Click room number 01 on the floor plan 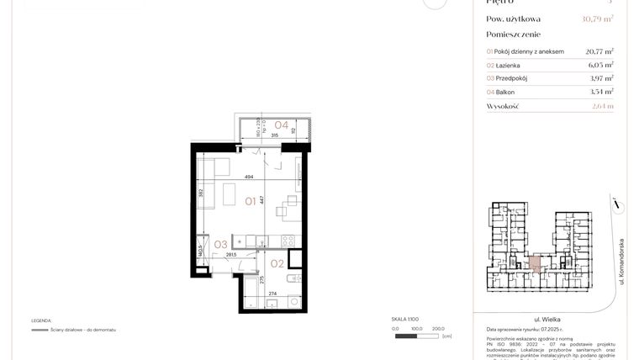(251, 201)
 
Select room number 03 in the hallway (221, 245)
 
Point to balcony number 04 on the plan (282, 125)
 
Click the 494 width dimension (249, 177)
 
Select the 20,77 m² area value (599, 51)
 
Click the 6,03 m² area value (600, 65)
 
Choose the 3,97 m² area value (600, 78)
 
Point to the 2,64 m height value (602, 107)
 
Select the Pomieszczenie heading (515, 34)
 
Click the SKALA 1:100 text (405, 320)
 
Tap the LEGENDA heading (42, 320)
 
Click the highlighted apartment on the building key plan (536, 263)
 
